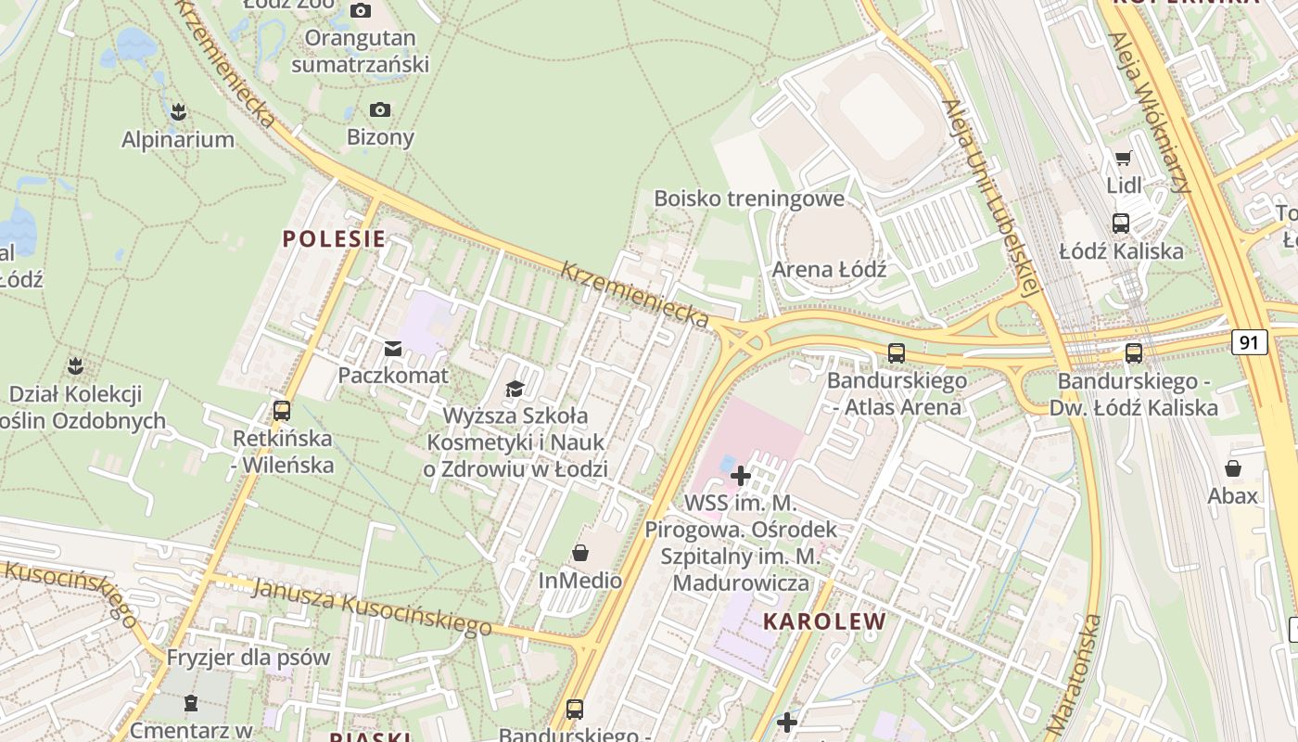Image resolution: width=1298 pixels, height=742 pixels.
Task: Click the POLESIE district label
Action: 334,238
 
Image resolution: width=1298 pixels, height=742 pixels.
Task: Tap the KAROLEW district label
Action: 824,621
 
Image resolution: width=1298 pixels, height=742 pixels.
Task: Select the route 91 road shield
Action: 1249,342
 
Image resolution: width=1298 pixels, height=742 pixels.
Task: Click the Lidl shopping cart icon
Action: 1124,159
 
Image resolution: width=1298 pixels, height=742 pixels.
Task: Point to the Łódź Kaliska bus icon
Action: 1121,224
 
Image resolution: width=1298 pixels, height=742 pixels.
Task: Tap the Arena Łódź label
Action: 829,270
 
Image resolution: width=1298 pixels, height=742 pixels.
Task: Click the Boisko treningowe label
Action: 749,198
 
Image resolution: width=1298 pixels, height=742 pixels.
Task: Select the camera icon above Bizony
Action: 380,110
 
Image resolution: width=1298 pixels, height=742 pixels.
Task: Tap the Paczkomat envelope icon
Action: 392,349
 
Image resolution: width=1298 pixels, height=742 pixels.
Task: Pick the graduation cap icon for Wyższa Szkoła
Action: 515,389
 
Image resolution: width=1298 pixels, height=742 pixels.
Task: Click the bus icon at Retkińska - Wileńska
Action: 282,410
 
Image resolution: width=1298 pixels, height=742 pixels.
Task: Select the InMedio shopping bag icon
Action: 580,554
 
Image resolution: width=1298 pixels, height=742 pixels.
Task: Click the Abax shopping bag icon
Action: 1233,468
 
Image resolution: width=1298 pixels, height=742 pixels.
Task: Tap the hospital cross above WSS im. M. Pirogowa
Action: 740,477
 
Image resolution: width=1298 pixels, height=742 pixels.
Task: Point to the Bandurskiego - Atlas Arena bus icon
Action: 896,353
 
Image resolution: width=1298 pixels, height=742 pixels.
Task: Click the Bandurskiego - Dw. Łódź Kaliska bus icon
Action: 1133,353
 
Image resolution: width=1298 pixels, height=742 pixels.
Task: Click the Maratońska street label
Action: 1074,674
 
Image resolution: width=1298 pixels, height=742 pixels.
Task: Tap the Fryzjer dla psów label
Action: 248,658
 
